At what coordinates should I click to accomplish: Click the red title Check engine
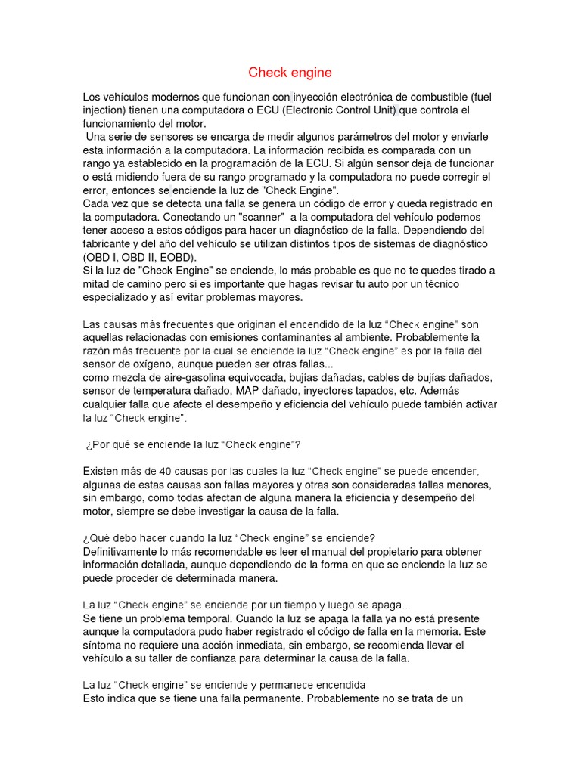290,73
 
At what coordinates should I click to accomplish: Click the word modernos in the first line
168,98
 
